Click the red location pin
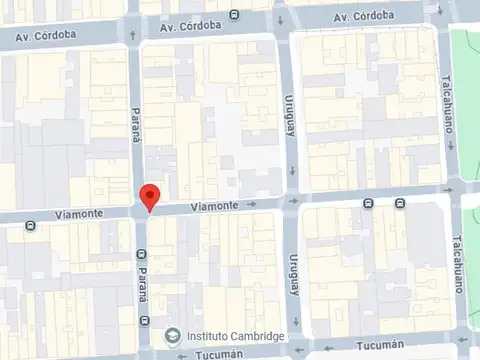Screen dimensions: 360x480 [149, 197]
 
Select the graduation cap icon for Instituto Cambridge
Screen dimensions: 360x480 [173, 336]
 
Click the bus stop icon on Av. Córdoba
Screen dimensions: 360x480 [234, 14]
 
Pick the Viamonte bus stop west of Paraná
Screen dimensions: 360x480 [31, 226]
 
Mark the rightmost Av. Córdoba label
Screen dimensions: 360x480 [364, 17]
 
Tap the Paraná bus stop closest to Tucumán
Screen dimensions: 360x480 [145, 320]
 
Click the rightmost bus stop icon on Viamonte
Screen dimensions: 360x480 [399, 203]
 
